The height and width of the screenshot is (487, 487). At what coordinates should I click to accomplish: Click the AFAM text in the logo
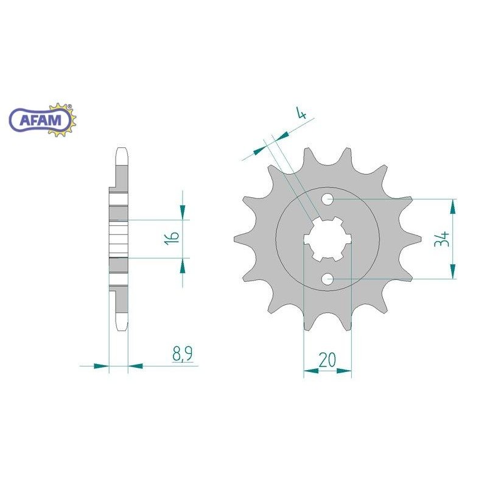coord(40,120)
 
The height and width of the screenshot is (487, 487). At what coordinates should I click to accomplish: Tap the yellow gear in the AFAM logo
coord(64,119)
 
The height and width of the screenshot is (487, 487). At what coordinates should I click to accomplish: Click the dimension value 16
coord(172,238)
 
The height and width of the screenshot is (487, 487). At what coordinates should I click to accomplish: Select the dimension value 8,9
coord(182,354)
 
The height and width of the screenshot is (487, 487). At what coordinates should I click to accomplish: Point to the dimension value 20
coord(327,360)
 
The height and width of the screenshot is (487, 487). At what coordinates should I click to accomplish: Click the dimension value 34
coord(442,239)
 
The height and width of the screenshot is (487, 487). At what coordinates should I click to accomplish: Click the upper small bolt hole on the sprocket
coord(328,200)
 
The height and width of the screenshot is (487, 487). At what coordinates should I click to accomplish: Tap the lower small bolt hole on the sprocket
coord(328,279)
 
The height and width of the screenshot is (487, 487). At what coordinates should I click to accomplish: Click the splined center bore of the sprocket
coord(328,239)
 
